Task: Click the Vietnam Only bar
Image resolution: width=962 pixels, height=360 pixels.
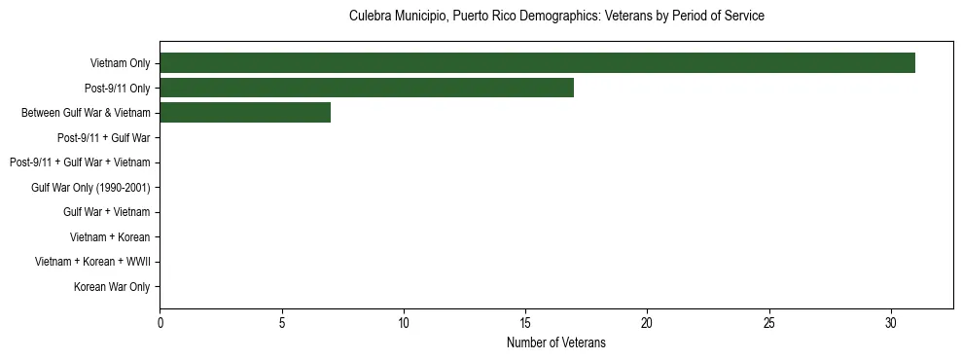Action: (x=537, y=63)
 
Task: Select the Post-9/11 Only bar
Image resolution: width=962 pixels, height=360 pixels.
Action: (x=367, y=88)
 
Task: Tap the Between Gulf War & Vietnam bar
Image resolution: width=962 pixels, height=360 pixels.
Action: (x=245, y=113)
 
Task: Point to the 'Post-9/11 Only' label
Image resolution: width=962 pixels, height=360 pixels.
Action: (x=118, y=88)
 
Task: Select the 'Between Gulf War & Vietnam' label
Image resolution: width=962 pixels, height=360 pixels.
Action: (x=86, y=113)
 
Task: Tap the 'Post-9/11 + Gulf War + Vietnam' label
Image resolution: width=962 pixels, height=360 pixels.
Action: (x=80, y=162)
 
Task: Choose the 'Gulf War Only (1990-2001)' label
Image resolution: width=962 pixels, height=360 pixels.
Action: (x=90, y=187)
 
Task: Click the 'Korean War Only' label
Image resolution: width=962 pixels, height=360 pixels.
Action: (x=112, y=287)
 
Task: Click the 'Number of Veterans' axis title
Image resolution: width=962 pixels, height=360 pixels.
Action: (x=556, y=342)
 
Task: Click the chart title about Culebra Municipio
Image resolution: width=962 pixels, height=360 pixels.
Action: (x=556, y=17)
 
